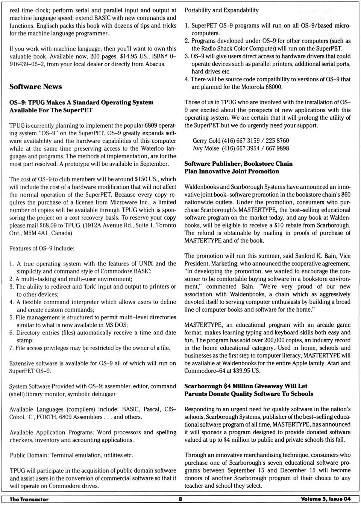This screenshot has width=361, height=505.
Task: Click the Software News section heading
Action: (x=36, y=87)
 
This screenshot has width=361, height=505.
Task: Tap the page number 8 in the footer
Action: (x=180, y=499)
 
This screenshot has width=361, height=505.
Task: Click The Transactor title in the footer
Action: (x=29, y=499)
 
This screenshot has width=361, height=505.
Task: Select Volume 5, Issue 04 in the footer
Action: (x=326, y=499)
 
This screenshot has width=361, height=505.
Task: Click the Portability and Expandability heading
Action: (x=221, y=10)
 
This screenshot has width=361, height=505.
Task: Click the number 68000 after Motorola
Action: (x=273, y=87)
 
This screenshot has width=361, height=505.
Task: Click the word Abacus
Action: (x=155, y=64)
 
